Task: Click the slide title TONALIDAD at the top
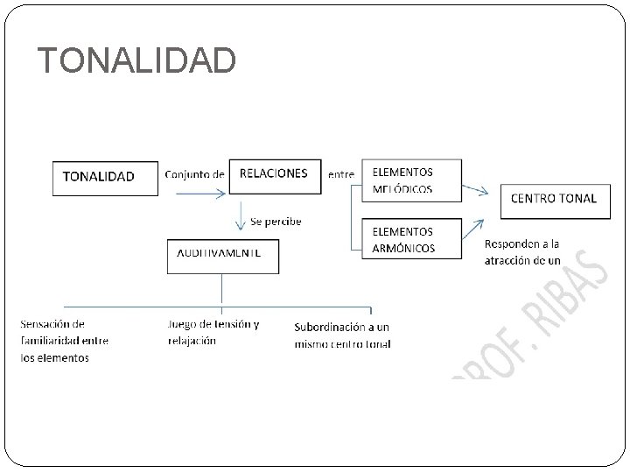point(136,60)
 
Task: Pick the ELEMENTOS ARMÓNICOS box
point(410,239)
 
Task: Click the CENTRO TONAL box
point(553,199)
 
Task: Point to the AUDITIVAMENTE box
point(223,255)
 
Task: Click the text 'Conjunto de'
point(194,173)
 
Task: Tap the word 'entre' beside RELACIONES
point(340,173)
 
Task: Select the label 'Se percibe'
point(275,222)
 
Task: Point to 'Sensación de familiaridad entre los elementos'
point(64,341)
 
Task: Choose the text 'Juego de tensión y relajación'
point(213,332)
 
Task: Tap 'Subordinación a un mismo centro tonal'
point(342,335)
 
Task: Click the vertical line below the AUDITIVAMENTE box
point(223,291)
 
